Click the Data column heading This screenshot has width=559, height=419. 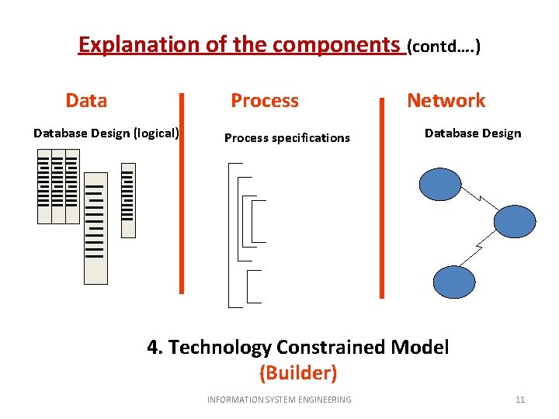pos(86,100)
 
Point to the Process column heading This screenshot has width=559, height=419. pos(265,100)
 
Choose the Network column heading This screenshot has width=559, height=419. pos(446,100)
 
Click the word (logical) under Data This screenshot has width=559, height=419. pos(156,133)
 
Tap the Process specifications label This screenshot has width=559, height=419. pos(286,138)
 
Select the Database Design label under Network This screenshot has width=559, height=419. pos(472,133)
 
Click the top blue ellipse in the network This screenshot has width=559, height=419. pos(440,185)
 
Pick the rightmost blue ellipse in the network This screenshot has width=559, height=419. pos(515,220)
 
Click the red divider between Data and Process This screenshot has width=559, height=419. pos(182,193)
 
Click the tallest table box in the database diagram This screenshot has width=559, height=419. pos(95,228)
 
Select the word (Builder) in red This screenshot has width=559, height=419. pos(298,373)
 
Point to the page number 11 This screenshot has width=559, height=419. pos(520,400)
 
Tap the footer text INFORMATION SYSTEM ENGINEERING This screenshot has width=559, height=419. pos(279,400)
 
